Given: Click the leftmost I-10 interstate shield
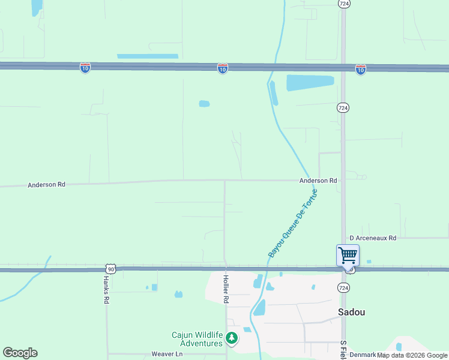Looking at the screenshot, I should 85,68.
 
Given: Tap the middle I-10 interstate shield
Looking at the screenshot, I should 223,69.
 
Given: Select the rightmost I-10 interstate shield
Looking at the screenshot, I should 360,70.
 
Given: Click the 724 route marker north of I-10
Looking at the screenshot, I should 343,4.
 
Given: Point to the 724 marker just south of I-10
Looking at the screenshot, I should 343,107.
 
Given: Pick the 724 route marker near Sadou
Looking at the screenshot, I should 343,288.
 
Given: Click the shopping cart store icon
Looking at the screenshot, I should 348,255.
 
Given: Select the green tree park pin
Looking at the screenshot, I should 232,339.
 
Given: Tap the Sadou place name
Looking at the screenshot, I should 351,312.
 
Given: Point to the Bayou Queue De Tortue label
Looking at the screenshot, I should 292,224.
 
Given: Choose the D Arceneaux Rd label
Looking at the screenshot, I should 373,238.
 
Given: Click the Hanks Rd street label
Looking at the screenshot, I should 106,290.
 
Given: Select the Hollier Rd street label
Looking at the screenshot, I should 226,290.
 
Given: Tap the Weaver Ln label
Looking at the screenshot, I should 166,354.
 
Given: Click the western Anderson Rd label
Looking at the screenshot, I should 46,185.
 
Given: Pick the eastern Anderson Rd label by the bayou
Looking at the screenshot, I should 318,181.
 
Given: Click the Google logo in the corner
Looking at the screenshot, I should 20,353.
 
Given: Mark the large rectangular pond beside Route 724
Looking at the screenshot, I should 310,82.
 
